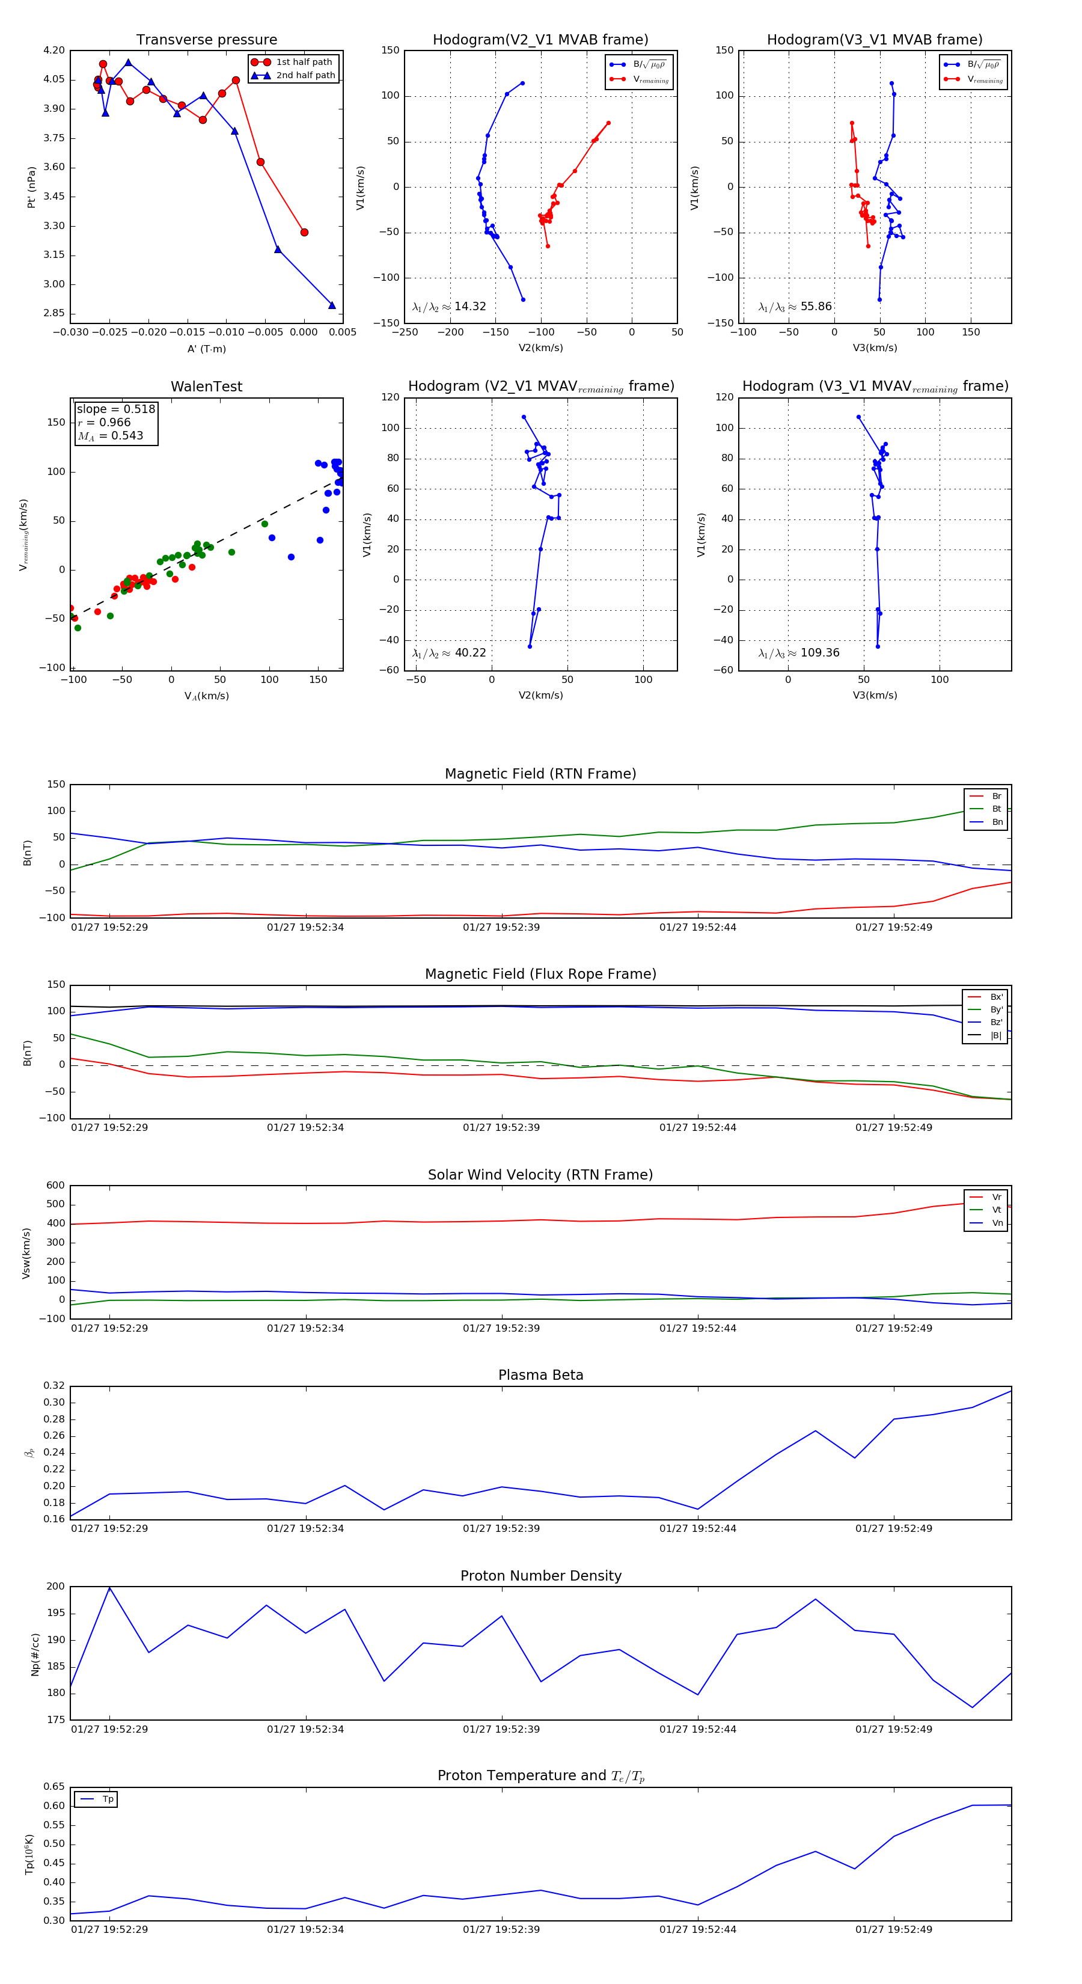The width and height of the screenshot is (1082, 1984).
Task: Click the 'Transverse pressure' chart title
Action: (206, 40)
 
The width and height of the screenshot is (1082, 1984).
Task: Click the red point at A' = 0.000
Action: (304, 233)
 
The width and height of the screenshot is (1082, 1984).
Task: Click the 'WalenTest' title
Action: (206, 387)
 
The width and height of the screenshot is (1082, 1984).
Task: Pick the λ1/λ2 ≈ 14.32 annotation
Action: (449, 307)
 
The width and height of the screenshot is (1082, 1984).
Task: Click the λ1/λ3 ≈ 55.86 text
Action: (795, 307)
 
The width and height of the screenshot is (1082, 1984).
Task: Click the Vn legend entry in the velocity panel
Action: (997, 1223)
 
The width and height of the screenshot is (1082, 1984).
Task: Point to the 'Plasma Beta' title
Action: (540, 1376)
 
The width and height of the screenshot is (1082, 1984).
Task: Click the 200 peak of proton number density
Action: (109, 1588)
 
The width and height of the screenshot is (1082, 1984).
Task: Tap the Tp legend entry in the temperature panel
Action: (107, 1799)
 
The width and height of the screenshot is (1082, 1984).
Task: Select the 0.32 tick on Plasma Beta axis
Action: (54, 1386)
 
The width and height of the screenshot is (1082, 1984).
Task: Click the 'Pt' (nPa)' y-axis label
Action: (32, 187)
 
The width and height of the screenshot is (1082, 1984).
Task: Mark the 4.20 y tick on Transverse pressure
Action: (54, 51)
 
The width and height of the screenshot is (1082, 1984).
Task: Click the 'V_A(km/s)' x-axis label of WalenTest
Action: (206, 696)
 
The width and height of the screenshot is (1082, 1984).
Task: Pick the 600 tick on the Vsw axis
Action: (55, 1186)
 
